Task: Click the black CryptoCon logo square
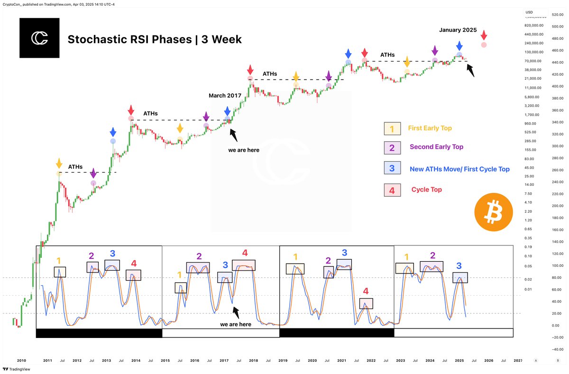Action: coord(39,38)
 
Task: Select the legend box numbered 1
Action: coord(392,128)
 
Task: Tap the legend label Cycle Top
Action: coord(427,190)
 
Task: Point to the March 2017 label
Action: coord(225,96)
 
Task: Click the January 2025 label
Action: coord(458,30)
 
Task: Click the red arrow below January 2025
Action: coord(484,35)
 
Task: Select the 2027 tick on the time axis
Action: coord(518,361)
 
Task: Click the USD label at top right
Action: coord(529,12)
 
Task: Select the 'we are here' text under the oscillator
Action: coord(236,325)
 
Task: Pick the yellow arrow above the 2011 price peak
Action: coord(59,164)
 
